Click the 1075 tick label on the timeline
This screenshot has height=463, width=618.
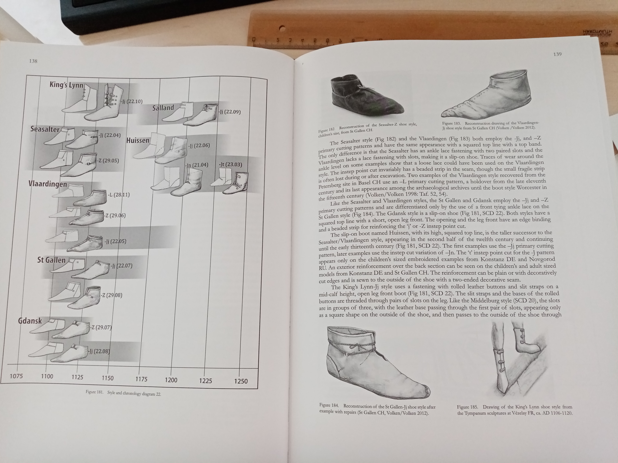point(16,376)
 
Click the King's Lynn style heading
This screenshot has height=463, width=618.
point(67,85)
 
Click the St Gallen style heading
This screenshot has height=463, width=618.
point(51,260)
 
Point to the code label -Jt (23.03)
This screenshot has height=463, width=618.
point(231,164)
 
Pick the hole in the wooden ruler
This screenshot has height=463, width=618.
point(282,28)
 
